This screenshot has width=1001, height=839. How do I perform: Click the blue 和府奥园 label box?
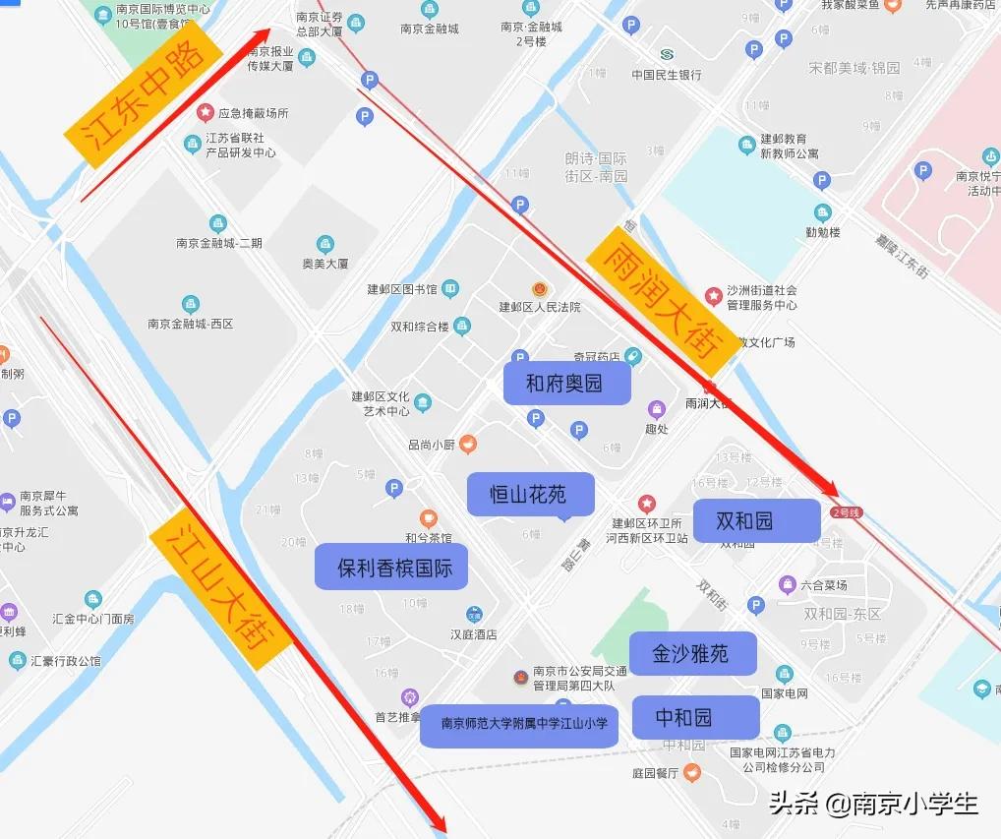[x=565, y=384]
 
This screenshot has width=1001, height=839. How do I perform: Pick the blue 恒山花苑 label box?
[x=529, y=494]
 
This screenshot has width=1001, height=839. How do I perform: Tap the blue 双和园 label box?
[x=755, y=520]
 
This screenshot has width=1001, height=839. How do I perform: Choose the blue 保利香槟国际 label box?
[x=391, y=568]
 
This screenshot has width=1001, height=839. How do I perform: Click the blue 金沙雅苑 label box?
[x=692, y=653]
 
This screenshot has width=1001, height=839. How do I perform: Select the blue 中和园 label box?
[x=695, y=717]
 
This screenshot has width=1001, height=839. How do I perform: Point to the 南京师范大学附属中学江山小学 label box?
[x=519, y=725]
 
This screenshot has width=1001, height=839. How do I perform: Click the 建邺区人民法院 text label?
[x=540, y=307]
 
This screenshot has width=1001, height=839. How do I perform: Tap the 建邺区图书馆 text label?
[x=401, y=289]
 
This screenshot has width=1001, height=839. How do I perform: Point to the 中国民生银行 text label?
[x=667, y=75]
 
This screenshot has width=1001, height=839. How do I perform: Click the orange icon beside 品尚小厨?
[x=468, y=444]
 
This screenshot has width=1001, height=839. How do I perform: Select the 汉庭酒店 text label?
[x=473, y=634]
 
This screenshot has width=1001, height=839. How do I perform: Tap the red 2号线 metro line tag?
[x=846, y=511]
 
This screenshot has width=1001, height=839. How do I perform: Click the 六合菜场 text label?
[x=824, y=585]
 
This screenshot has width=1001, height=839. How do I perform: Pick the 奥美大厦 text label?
[x=324, y=263]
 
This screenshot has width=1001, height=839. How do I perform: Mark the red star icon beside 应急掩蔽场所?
[x=206, y=113]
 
